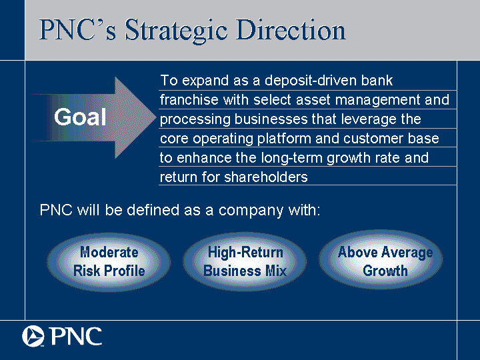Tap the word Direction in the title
[291, 30]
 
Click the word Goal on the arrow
[80, 117]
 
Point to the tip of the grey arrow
[156, 117]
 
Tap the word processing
[195, 120]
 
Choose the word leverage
[368, 119]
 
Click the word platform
[284, 139]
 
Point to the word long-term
[292, 158]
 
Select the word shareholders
[266, 177]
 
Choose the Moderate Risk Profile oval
[109, 262]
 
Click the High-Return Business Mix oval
[245, 262]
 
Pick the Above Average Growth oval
[381, 260]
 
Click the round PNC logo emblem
[33, 336]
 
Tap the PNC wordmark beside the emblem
[75, 336]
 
